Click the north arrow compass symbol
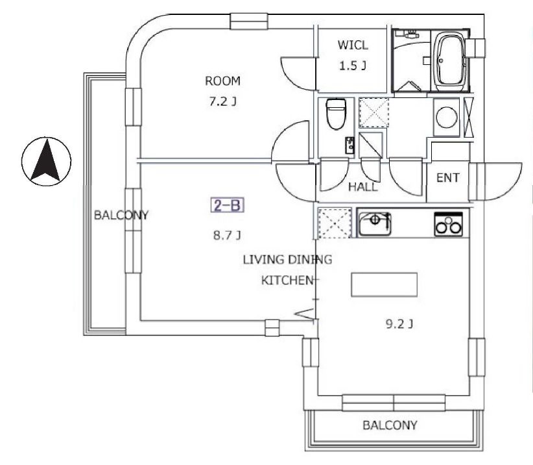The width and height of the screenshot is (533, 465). coord(46,161)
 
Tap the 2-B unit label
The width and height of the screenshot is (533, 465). coord(228,205)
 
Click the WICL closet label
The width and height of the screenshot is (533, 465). coord(353,45)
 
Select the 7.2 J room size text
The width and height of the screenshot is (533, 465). coord(223,101)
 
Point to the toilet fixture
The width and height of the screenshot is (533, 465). coord(336,114)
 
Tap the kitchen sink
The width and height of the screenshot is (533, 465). coord(375,223)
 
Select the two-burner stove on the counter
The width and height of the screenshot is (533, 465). coord(448,224)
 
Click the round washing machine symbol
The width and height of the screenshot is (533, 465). coord(446,118)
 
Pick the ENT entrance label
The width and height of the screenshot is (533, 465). coord(447,178)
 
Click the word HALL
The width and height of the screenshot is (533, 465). coord(363,187)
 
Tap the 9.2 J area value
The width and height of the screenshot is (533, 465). coord(399,323)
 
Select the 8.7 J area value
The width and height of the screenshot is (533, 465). coord(227,235)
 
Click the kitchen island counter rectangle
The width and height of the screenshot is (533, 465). coord(384,284)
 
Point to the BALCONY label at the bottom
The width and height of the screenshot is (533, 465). coord(390,425)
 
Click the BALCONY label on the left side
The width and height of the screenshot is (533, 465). coord(121,215)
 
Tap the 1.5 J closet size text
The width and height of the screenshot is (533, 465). coord(353,66)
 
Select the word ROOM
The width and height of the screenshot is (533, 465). coord(222,81)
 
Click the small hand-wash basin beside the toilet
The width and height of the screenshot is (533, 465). coord(349,145)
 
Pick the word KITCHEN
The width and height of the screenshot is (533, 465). coord(287,281)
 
